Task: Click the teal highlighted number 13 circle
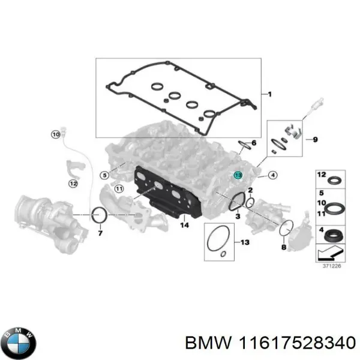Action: click(x=238, y=175)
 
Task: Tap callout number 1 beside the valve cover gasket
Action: click(x=269, y=94)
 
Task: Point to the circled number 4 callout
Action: click(x=272, y=175)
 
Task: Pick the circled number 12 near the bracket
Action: click(x=73, y=183)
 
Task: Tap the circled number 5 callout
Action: click(x=104, y=175)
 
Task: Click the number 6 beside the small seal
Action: click(x=254, y=143)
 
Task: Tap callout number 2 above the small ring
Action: click(x=250, y=190)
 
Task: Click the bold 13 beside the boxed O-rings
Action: click(x=244, y=242)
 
